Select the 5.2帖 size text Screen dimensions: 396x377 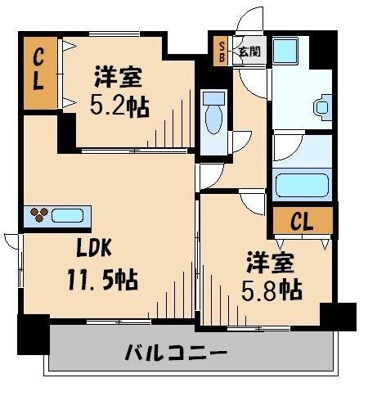[x=118, y=106]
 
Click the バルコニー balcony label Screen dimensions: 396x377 [x=176, y=354]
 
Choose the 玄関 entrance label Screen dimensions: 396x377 [x=249, y=52]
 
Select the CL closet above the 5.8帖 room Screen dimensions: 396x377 [x=302, y=221]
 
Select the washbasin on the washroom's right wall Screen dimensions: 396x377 [x=322, y=105]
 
